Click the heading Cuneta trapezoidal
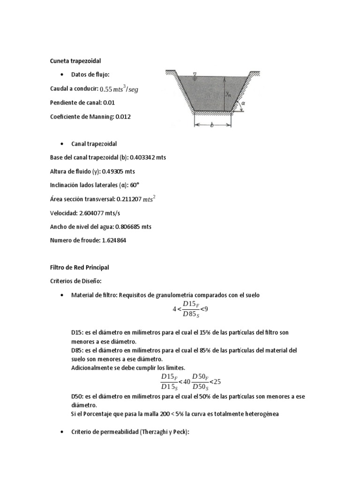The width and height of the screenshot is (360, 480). click(75, 61)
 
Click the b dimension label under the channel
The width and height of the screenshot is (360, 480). click(212, 126)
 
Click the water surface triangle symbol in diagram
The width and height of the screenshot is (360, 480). click(195, 74)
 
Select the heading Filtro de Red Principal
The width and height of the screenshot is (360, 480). click(79, 268)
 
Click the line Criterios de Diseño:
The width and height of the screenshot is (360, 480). click(73, 282)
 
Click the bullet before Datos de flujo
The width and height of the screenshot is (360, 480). click(62, 75)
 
